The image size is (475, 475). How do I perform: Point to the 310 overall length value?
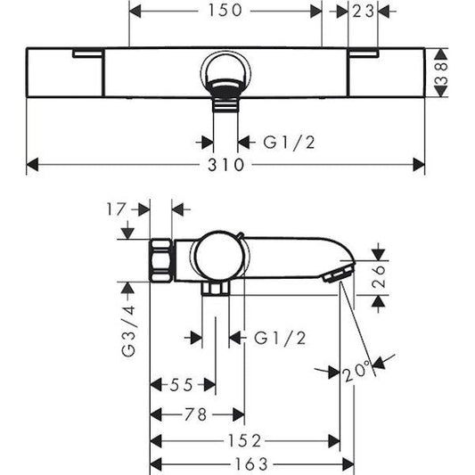coord(226,165)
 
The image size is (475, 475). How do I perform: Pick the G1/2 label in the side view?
coord(279,338)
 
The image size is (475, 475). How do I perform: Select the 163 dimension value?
coord(251,465)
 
